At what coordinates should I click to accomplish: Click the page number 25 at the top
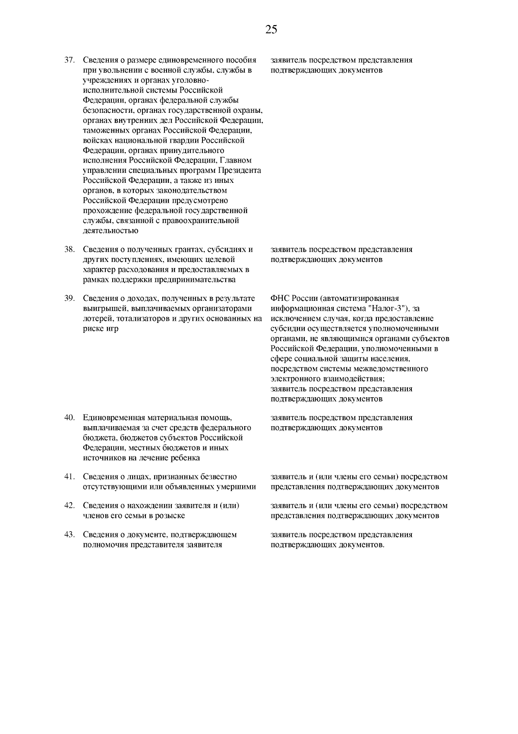[x=271, y=30]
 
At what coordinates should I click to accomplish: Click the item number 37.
[x=70, y=60]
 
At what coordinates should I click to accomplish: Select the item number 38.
[x=70, y=249]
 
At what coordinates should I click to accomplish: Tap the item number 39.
[x=70, y=298]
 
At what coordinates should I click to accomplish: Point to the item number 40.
[x=70, y=418]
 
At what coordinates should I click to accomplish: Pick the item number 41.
[x=70, y=477]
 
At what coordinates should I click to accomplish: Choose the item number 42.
[x=70, y=506]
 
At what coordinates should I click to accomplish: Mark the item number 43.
[x=70, y=535]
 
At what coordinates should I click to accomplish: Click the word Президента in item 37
[x=239, y=170]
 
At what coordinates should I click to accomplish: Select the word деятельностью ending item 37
[x=111, y=231]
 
